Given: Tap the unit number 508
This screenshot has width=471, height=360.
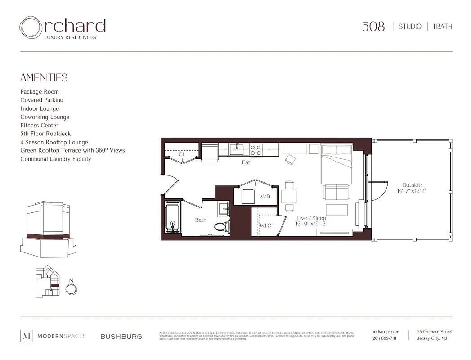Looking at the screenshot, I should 373,27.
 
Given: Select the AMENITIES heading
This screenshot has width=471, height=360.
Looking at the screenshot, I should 44,78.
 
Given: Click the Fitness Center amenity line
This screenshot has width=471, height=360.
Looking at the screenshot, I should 39,126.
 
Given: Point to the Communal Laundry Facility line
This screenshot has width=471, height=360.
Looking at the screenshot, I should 55,159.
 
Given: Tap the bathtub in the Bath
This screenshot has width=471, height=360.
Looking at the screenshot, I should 173,218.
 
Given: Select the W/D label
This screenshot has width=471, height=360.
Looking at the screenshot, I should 264,197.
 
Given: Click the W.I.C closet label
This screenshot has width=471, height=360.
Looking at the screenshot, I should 265,225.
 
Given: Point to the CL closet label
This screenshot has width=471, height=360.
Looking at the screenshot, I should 182,154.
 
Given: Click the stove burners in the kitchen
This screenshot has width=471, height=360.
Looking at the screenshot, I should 256,150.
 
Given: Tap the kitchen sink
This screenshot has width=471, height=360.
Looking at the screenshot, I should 237,149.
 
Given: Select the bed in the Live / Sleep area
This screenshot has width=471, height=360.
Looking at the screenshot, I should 336,169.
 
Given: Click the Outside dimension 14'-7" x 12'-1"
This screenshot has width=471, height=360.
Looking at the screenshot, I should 412,191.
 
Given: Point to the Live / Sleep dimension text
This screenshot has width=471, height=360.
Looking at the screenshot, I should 311,224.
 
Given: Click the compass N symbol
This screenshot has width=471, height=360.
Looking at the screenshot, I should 71,288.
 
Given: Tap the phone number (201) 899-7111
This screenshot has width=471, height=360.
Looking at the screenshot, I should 384,338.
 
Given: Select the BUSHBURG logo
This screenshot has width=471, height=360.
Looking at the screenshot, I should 121,336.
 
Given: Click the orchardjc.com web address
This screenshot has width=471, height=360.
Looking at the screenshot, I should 385,332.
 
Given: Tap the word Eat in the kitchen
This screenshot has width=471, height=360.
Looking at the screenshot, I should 246,162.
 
